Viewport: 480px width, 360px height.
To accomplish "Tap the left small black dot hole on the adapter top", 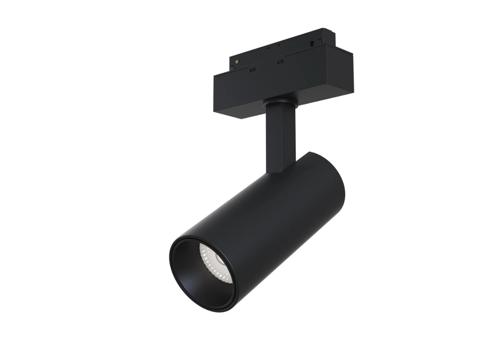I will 268,48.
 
